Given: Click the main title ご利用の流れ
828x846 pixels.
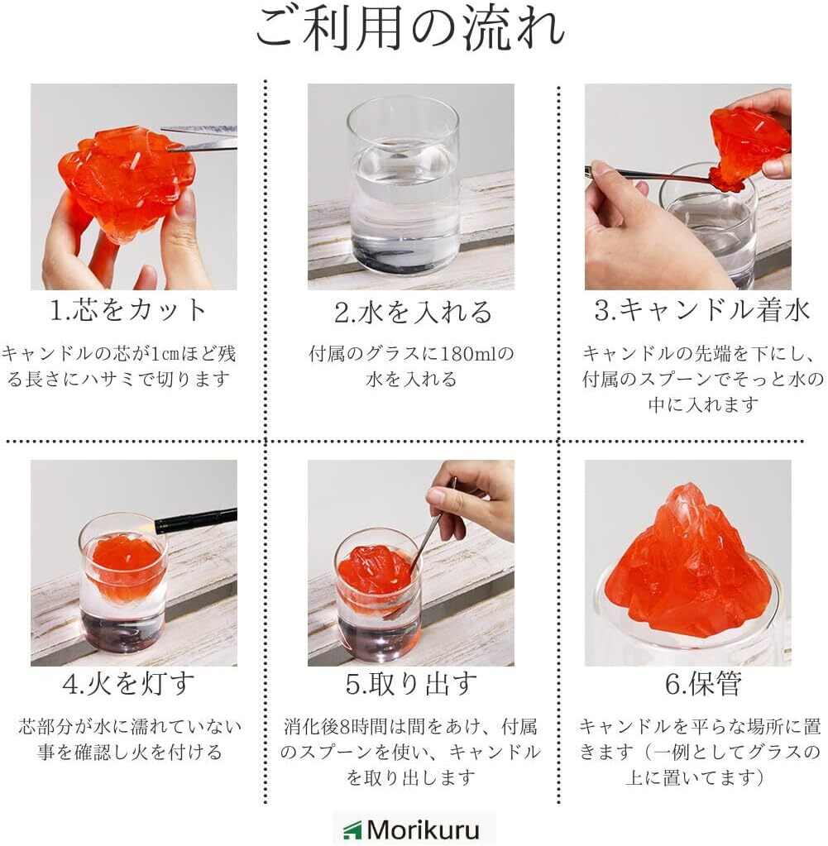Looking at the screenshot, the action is point(410,28).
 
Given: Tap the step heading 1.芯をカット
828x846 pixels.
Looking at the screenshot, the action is point(127,309).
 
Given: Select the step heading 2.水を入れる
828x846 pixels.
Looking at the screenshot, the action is point(413,312).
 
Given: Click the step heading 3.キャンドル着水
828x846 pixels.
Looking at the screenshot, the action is point(701,309).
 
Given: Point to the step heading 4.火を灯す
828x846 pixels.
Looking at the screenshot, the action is point(128,684).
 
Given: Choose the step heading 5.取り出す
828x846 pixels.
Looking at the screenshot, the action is point(411,684).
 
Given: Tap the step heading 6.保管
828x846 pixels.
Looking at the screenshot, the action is point(703,684).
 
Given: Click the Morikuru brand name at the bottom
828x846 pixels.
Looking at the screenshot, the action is point(423,829).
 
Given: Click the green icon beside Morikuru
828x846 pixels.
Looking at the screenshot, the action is point(352,830).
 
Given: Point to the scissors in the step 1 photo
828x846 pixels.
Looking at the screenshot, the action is point(199,137).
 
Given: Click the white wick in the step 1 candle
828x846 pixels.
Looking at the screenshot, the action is point(136,160).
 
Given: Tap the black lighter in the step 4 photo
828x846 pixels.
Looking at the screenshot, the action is point(196,519).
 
